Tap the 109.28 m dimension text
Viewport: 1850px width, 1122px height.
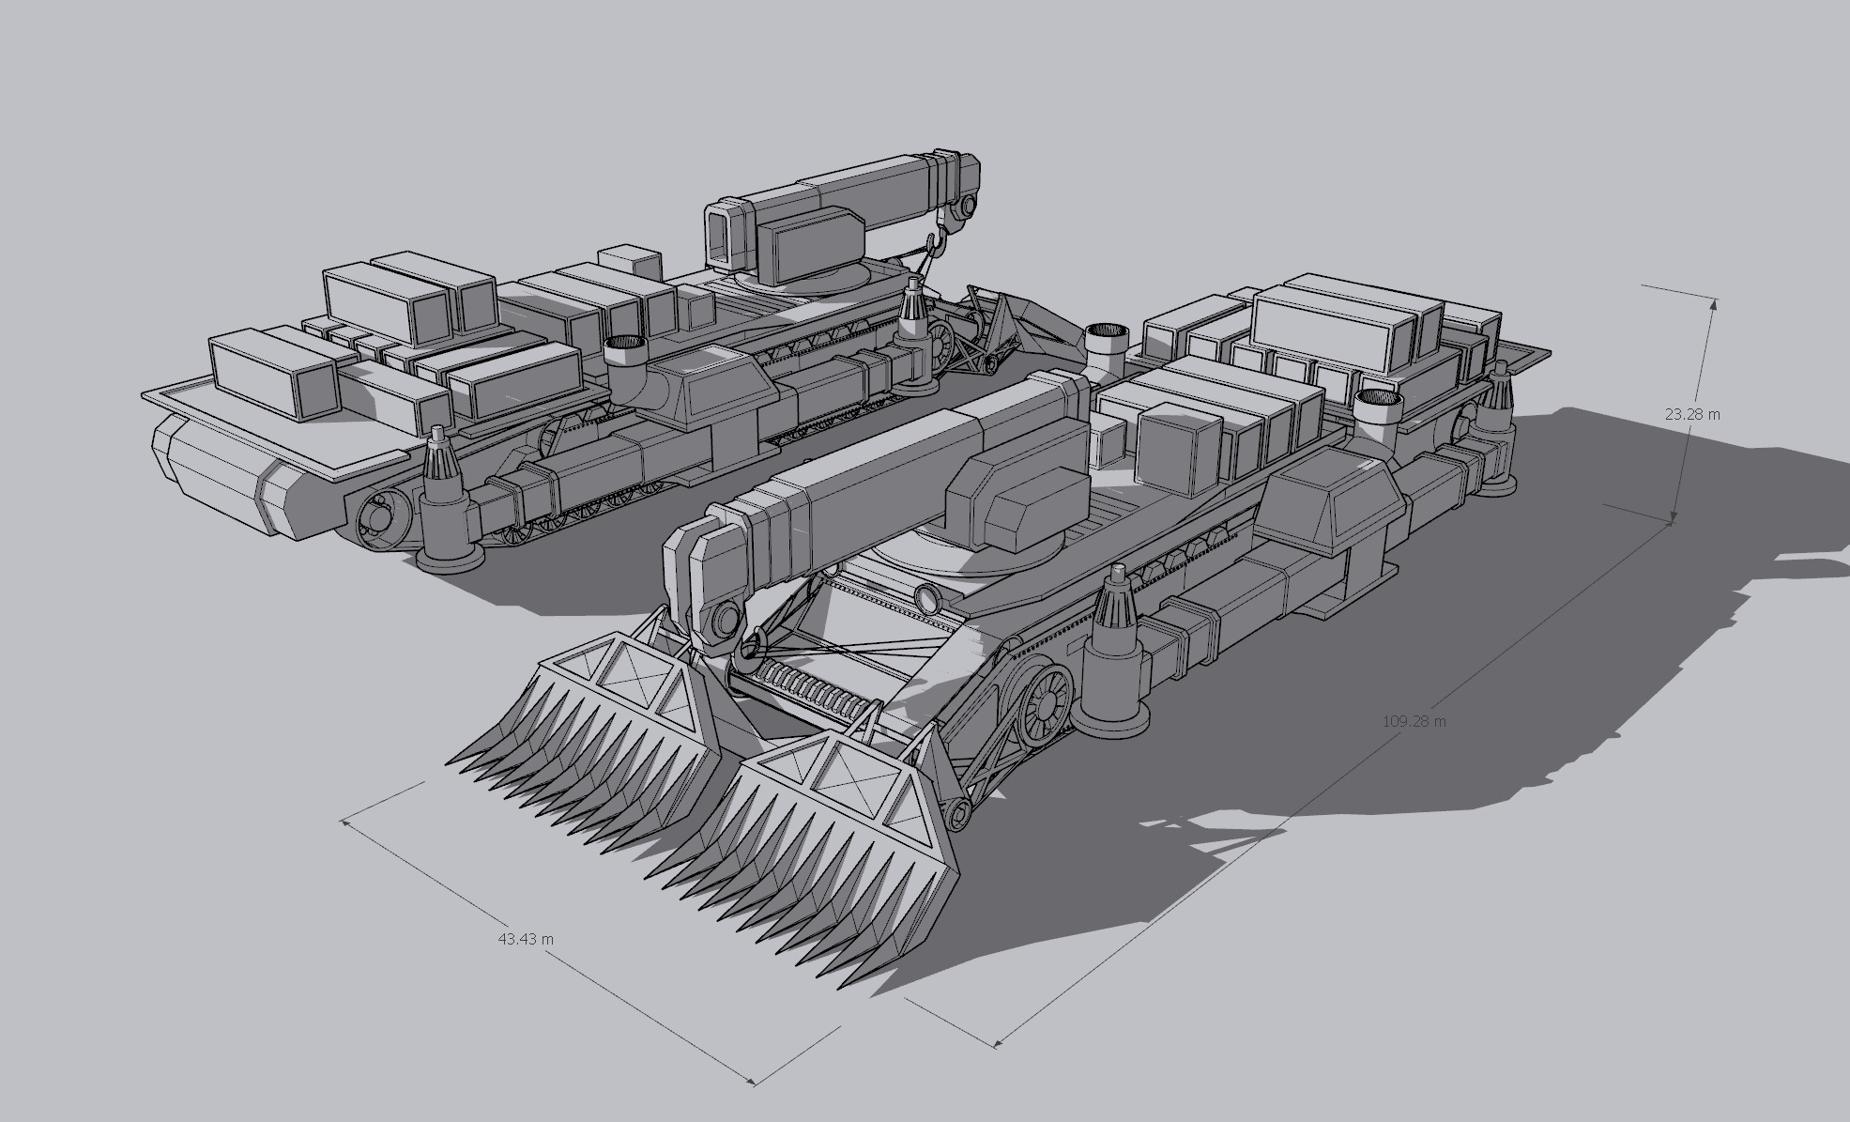tap(1414, 721)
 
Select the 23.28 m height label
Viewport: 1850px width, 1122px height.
tap(1692, 413)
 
